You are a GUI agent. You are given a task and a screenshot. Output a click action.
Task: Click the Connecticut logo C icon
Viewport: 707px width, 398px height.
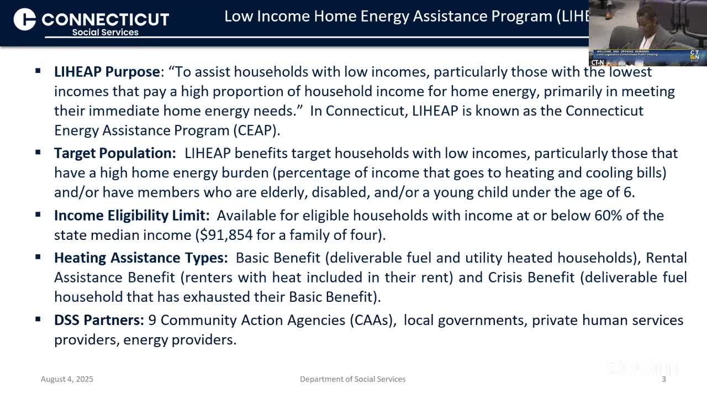point(25,19)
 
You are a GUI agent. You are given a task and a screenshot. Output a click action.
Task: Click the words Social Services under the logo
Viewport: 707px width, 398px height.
point(105,32)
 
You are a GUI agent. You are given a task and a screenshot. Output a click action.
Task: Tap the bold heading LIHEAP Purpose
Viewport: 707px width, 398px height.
point(107,72)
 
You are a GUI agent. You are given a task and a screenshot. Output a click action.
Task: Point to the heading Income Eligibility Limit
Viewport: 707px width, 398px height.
point(131,215)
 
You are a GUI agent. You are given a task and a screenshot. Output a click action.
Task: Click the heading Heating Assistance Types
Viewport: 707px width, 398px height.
point(140,258)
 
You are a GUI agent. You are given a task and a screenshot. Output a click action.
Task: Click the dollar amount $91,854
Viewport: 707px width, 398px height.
point(224,235)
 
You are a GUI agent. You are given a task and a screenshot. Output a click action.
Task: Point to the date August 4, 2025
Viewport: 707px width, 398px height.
point(67,379)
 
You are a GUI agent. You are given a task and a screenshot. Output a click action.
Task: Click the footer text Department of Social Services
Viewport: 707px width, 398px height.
point(352,379)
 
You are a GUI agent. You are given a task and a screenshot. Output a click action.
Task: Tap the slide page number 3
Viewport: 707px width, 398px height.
point(664,379)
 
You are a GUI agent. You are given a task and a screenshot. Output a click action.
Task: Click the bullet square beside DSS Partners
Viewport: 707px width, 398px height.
point(38,319)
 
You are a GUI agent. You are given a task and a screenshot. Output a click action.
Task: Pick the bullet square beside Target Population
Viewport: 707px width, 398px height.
point(38,152)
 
